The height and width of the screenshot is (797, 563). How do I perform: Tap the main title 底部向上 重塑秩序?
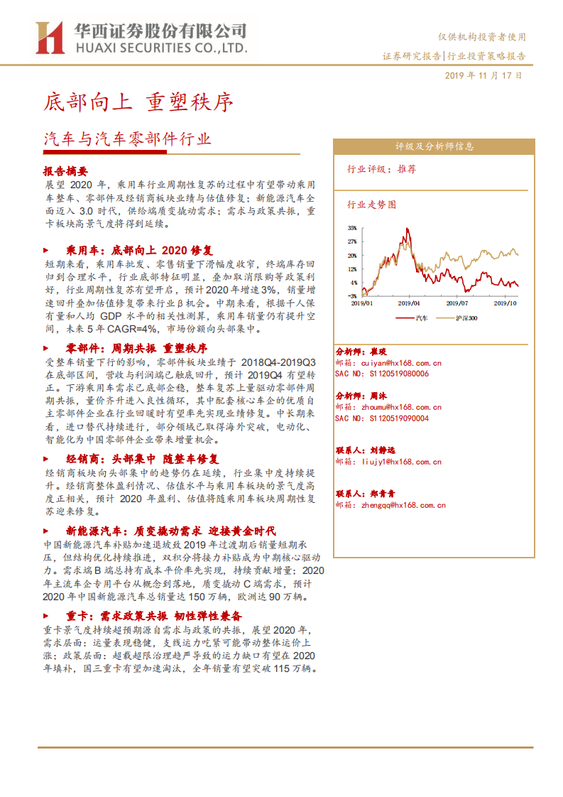click(138, 102)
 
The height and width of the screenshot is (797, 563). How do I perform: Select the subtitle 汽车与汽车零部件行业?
click(127, 139)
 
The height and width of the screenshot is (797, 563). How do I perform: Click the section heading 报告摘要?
click(65, 171)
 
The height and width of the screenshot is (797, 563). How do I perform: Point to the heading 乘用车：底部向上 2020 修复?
click(139, 250)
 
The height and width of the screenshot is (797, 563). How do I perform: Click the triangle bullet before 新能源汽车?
click(47, 531)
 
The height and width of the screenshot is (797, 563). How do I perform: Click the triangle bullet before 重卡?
click(47, 616)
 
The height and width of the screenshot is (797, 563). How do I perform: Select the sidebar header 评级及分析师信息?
click(434, 146)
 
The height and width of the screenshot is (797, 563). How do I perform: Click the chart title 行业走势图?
click(371, 204)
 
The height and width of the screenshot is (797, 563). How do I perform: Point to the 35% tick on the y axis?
click(352, 229)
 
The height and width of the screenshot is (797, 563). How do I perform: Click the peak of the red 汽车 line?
click(407, 229)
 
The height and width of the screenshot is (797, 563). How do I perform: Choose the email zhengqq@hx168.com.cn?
click(403, 505)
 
